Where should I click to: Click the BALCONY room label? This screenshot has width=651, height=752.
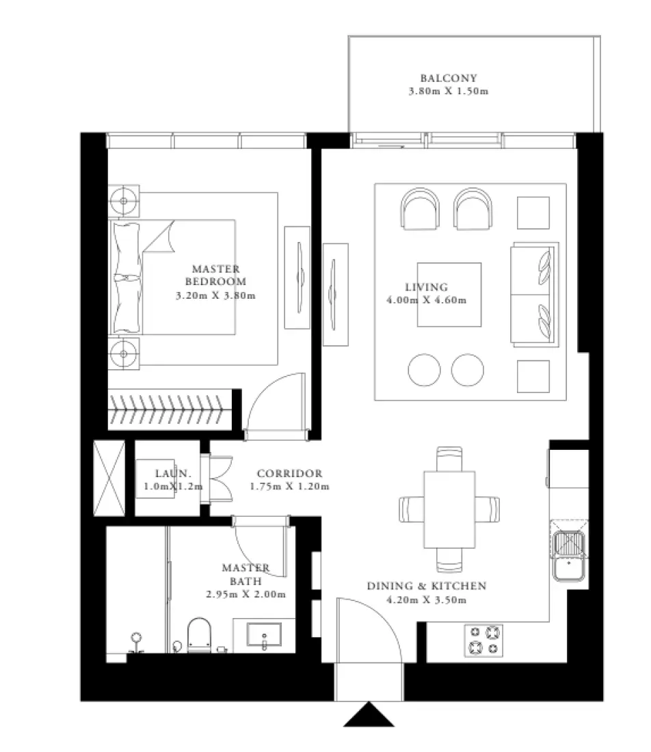pyautogui.click(x=448, y=78)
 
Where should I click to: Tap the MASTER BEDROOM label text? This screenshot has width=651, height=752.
pyautogui.click(x=215, y=275)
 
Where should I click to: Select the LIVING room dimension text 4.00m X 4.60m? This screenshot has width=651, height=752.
pyautogui.click(x=425, y=299)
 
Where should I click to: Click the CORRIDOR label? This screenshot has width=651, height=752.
pyautogui.click(x=289, y=473)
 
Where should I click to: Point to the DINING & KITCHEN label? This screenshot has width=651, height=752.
pyautogui.click(x=426, y=586)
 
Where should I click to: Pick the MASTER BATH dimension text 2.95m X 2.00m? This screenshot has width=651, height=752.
pyautogui.click(x=245, y=594)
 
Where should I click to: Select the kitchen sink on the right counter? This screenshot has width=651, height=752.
pyautogui.click(x=569, y=551)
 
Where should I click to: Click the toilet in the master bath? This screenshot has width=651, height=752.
pyautogui.click(x=199, y=635)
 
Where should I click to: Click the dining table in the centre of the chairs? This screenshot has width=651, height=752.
pyautogui.click(x=449, y=509)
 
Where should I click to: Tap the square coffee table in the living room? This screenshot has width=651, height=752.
pyautogui.click(x=449, y=295)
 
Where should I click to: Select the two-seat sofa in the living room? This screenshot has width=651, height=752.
pyautogui.click(x=534, y=294)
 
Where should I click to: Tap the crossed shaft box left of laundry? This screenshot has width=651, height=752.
pyautogui.click(x=109, y=478)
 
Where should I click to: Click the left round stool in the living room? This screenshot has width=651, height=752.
pyautogui.click(x=425, y=370)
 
